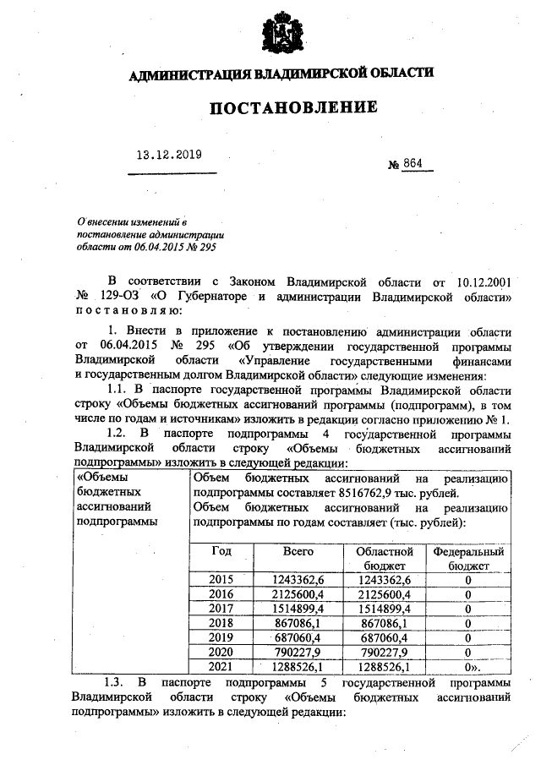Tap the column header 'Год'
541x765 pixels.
pyautogui.click(x=221, y=551)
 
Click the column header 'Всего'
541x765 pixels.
pyautogui.click(x=298, y=551)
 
